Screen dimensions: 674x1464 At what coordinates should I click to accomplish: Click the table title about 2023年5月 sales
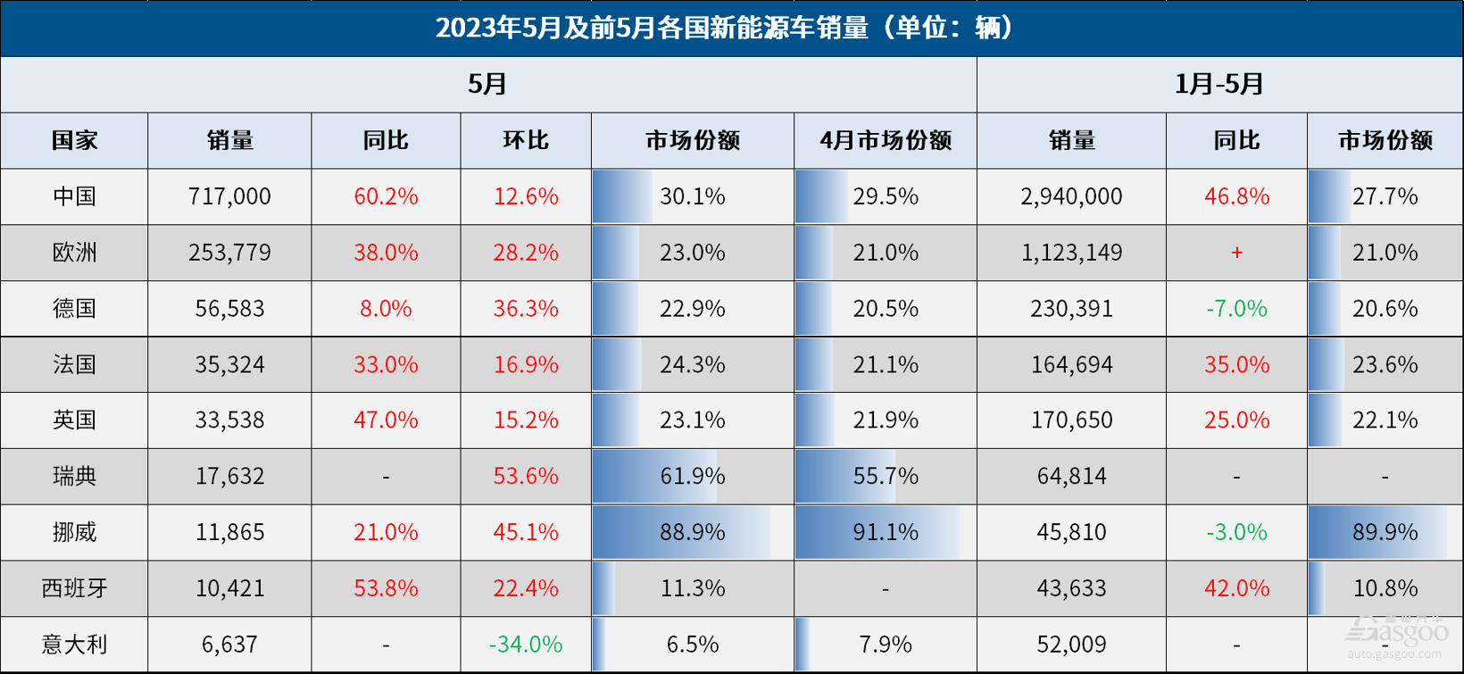point(725,28)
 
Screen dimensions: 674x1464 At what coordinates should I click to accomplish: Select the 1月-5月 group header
point(1219,84)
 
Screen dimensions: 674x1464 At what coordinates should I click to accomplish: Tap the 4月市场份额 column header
point(885,140)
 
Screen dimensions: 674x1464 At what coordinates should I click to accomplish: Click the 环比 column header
point(526,140)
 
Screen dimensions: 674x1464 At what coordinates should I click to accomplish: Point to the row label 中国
point(74,196)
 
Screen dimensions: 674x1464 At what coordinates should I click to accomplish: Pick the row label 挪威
point(74,532)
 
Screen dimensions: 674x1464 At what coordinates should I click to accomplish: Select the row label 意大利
point(74,644)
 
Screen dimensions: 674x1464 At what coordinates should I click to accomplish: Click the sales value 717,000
point(229,196)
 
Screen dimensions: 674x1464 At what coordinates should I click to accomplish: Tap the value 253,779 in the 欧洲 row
point(229,253)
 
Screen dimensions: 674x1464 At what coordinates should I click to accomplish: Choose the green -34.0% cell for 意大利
point(526,644)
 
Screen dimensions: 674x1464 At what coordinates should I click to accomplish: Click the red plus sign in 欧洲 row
point(1236,253)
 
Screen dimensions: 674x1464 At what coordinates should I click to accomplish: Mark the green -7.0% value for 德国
point(1236,309)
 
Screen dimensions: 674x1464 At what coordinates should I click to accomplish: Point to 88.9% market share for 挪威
point(692,532)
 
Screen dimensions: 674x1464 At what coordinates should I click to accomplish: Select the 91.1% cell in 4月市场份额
point(885,532)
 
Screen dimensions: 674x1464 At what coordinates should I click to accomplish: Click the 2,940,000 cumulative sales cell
point(1071,196)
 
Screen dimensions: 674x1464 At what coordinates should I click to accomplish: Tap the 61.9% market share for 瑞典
point(692,476)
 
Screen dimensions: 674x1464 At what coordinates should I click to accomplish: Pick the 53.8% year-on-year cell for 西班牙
point(386,588)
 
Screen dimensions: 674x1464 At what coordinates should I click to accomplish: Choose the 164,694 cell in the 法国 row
point(1071,364)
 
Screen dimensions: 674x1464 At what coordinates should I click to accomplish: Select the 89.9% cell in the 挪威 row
point(1385,532)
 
